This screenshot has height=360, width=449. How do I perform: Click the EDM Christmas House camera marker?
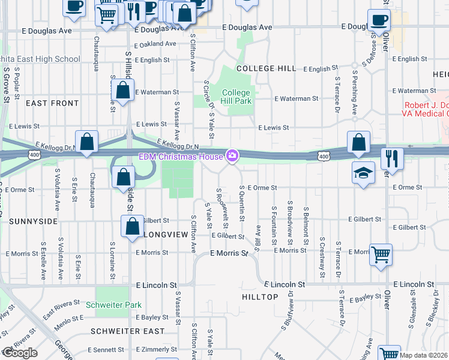click(x=232, y=157)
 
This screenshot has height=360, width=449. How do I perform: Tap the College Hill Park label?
click(x=236, y=97)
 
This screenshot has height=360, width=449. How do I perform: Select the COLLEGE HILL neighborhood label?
click(x=266, y=68)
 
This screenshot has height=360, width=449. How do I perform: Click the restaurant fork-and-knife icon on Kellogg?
click(x=391, y=158)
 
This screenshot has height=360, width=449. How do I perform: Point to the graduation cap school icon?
click(x=363, y=173)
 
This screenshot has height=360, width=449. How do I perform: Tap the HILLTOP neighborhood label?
click(x=260, y=297)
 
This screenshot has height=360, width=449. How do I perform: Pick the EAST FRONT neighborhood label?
click(x=52, y=103)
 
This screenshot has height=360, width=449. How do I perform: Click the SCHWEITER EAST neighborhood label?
click(x=127, y=331)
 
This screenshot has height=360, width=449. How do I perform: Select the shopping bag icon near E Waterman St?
click(x=122, y=91)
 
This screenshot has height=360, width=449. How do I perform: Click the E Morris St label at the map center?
click(x=229, y=254)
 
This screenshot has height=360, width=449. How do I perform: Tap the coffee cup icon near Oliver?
click(x=378, y=19)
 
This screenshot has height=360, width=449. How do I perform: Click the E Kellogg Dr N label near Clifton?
click(x=177, y=145)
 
